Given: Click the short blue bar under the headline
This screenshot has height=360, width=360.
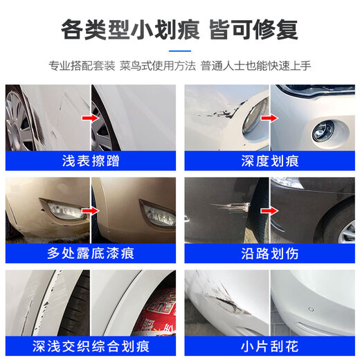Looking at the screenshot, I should tap(180, 50).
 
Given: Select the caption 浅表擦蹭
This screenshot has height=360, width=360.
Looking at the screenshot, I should tap(90, 161).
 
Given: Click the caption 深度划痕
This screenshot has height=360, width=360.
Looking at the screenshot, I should tap(270, 161).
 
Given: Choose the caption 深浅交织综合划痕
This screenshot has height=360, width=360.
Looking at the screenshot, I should tap(90, 345).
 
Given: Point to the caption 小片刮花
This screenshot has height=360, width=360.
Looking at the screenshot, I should tap(270, 345).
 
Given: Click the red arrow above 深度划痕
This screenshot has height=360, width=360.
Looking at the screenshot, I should tap(267, 118).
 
